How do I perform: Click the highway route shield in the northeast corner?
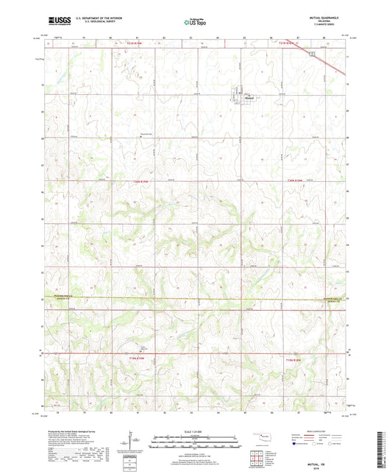pos(313,54)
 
